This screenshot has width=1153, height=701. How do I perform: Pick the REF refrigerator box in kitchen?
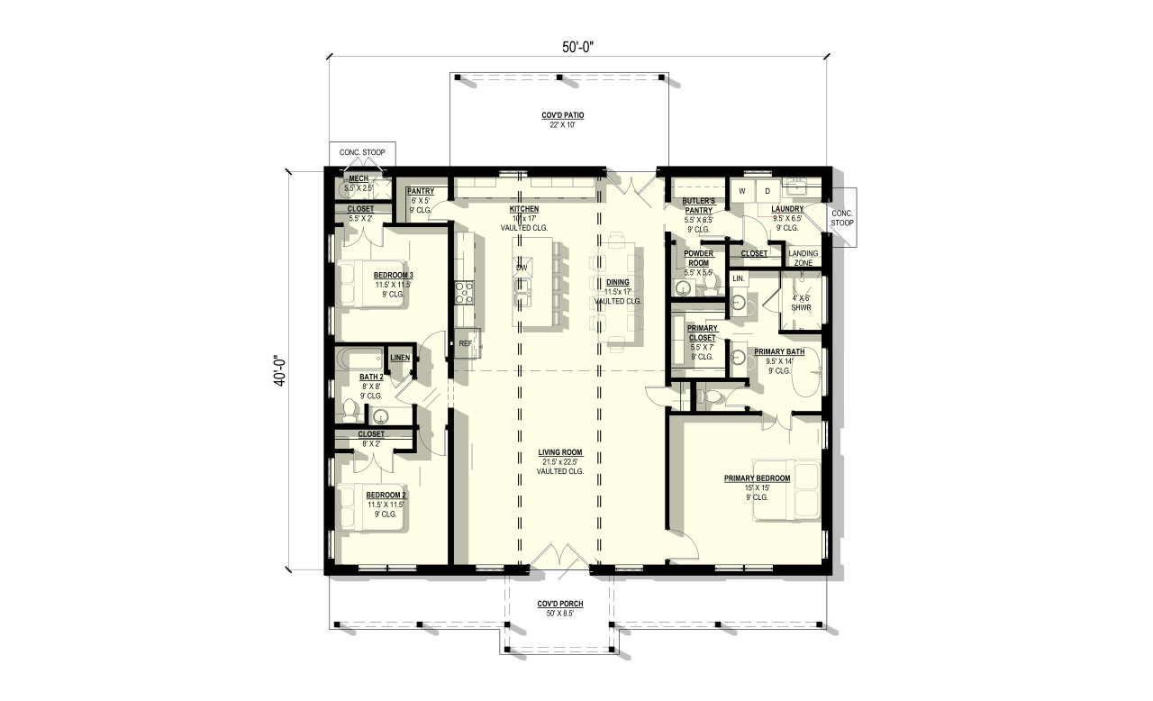pos(466,343)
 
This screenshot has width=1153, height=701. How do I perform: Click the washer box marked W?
pos(742,191)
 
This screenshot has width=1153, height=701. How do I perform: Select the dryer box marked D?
pos(768,191)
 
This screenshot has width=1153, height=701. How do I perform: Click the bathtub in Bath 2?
pos(358,360)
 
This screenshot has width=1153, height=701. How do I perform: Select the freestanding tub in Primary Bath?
pos(807,369)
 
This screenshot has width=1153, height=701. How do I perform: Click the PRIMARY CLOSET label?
pos(702,333)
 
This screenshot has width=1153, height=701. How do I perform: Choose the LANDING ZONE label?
pos(803,258)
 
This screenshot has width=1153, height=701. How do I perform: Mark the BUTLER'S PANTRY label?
pos(699,205)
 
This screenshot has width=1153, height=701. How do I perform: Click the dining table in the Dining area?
pos(618,288)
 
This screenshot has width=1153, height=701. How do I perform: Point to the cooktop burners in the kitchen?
pos(465,291)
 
